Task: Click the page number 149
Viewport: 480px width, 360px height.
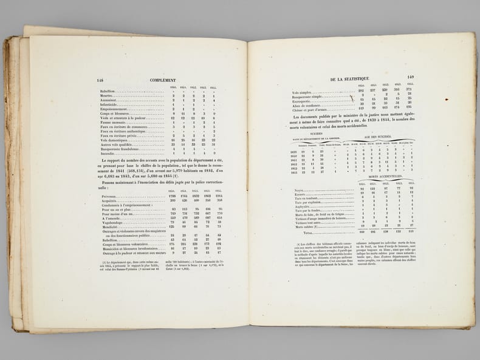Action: [x=410, y=76]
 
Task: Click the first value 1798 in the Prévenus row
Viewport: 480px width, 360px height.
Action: [x=172, y=195]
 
